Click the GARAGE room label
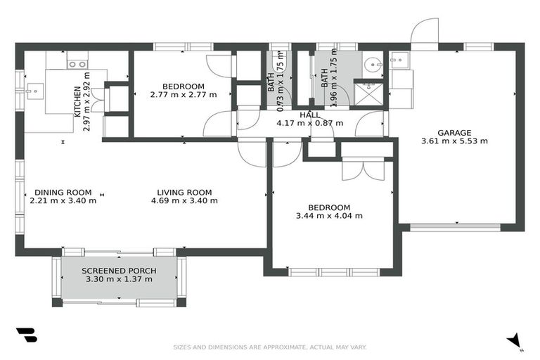454,133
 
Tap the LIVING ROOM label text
184,193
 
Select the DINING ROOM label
63,193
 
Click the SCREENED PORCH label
119,271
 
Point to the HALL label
310,115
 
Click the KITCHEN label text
77,101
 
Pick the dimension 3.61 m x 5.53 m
454,141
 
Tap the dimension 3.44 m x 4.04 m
329,216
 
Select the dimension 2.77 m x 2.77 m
184,94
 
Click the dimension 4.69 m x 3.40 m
184,201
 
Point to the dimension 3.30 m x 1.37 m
119,279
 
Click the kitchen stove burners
77,65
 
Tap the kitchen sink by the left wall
34,91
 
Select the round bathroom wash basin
373,64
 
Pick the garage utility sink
399,60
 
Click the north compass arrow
515,340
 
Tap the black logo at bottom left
27,335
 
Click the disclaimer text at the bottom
270,347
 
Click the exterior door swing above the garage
424,31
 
